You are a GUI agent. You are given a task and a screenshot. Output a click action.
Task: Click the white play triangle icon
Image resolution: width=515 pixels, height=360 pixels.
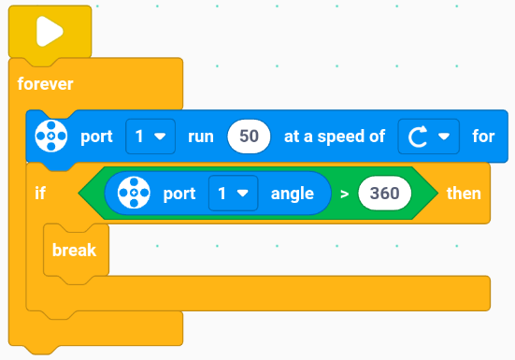pyautogui.click(x=50, y=32)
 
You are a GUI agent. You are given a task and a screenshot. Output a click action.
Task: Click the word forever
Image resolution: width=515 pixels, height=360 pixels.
pyautogui.click(x=45, y=84)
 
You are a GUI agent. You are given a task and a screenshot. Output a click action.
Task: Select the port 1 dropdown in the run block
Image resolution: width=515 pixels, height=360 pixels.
pyautogui.click(x=150, y=137)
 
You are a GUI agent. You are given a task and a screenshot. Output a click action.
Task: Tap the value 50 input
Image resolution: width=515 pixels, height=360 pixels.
pyautogui.click(x=249, y=137)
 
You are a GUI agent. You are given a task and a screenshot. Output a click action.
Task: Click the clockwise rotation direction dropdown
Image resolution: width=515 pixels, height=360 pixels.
pyautogui.click(x=428, y=137)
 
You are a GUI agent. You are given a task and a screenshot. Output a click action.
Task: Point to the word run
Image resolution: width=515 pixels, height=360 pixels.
pyautogui.click(x=201, y=137)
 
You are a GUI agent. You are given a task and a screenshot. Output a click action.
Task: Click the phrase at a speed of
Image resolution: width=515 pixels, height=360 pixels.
pyautogui.click(x=335, y=137)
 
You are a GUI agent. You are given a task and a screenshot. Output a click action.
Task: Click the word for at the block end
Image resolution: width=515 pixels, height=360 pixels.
pyautogui.click(x=483, y=137)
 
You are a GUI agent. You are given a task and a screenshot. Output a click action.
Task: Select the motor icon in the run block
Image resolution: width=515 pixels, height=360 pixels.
pyautogui.click(x=51, y=136)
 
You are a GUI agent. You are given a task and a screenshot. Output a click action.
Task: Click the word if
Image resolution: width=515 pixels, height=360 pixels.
pyautogui.click(x=40, y=193)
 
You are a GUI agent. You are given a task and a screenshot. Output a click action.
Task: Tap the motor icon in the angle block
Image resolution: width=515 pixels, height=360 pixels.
pyautogui.click(x=134, y=193)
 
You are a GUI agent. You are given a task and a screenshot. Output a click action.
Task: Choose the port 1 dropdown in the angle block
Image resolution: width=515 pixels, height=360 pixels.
pyautogui.click(x=233, y=194)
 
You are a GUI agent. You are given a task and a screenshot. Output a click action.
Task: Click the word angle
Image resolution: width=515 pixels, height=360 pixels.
pyautogui.click(x=293, y=194)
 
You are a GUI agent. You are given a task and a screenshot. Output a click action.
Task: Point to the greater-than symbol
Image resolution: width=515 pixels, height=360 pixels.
pyautogui.click(x=344, y=194)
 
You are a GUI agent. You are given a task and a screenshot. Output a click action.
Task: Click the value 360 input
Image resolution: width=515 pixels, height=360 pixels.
pyautogui.click(x=384, y=194)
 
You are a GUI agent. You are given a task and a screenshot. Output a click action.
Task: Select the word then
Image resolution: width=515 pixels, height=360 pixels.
pyautogui.click(x=464, y=194)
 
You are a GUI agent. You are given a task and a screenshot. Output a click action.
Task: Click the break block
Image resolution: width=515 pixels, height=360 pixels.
pyautogui.click(x=76, y=251)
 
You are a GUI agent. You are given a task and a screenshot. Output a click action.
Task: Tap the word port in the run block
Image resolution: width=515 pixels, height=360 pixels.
pyautogui.click(x=96, y=137)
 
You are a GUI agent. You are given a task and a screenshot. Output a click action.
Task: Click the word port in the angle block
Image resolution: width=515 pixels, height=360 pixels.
pyautogui.click(x=179, y=194)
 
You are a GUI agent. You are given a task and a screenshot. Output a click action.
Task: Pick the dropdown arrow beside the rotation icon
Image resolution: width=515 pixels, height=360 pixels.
pyautogui.click(x=444, y=137)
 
